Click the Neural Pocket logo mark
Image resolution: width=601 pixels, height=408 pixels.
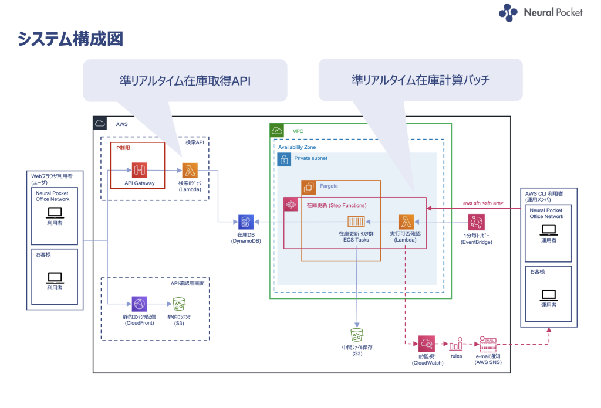tap(508, 13)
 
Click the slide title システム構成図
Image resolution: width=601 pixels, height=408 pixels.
tap(70, 40)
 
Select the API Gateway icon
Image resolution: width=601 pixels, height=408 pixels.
tap(139, 171)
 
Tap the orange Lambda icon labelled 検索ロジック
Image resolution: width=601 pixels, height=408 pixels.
tap(190, 171)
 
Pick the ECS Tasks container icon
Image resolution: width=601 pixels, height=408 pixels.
tap(356, 222)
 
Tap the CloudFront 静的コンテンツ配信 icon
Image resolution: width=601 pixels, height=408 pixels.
tap(139, 304)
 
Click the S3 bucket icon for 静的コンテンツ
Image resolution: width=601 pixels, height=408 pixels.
tap(178, 304)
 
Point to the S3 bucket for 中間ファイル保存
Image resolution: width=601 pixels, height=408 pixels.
tap(356, 335)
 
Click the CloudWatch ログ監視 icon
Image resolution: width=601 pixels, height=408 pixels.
tap(426, 344)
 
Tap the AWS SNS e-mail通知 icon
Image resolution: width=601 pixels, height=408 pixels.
tap(488, 344)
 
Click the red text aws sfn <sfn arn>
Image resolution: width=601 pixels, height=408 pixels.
tap(483, 203)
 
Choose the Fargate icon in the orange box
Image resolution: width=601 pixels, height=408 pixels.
tap(309, 188)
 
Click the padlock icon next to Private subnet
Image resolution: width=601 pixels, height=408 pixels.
tap(284, 159)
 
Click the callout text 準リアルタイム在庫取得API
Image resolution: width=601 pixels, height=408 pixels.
tap(177, 81)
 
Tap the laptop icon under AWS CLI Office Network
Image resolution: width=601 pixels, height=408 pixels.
tap(549, 230)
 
